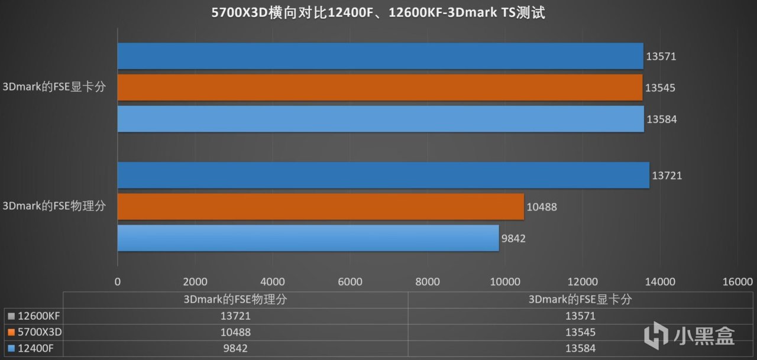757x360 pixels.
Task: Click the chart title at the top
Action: point(378,13)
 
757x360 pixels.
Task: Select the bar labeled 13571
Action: point(380,56)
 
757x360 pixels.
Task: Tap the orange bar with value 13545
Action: point(379,87)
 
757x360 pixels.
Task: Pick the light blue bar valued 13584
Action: point(380,119)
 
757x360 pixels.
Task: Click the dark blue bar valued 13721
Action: point(383,175)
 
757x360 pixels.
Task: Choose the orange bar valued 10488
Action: point(321,206)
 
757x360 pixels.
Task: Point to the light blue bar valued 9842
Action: point(308,238)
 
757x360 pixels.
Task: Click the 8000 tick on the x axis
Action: point(428,281)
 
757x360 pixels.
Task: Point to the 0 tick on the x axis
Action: point(118,281)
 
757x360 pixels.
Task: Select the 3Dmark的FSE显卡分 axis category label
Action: point(58,87)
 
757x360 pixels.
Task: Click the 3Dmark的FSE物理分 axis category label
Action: point(58,206)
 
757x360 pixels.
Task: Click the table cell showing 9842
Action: point(235,349)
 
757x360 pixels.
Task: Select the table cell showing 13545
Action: point(580,332)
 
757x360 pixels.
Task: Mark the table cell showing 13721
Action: point(235,316)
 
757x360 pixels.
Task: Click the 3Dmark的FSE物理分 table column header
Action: point(235,300)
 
